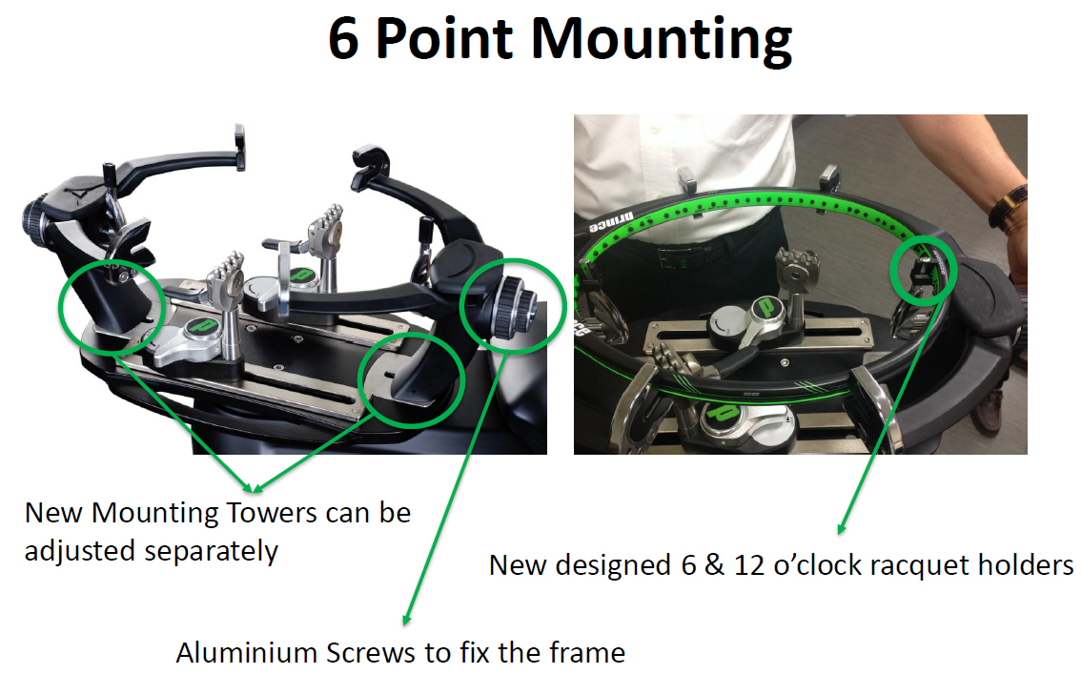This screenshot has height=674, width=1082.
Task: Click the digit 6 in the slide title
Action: click(x=343, y=39)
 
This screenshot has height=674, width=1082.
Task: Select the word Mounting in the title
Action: click(x=662, y=40)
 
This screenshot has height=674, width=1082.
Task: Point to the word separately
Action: click(x=211, y=552)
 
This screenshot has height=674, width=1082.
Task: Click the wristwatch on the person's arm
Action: click(x=1009, y=205)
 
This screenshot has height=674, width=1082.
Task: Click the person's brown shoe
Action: click(x=989, y=411)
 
